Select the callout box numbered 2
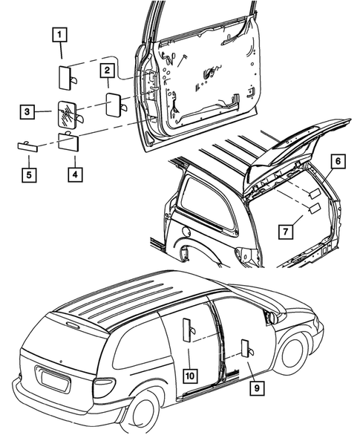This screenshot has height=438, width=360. click(x=108, y=71)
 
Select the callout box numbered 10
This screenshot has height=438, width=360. click(x=190, y=376)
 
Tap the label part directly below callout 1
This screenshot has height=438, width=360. click(x=64, y=76)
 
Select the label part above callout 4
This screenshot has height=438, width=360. click(x=70, y=140)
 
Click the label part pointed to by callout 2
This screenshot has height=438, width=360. click(x=116, y=102)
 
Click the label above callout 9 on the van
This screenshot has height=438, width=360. click(x=244, y=349)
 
